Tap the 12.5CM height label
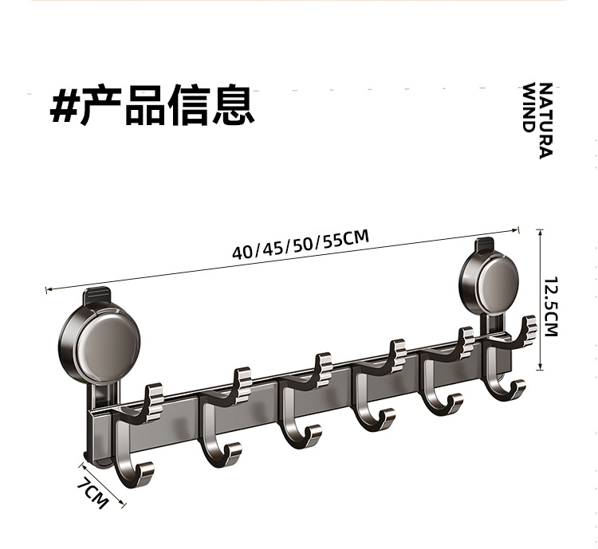550,307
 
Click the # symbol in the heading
65,105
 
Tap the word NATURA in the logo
545,120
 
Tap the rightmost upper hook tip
528,327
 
